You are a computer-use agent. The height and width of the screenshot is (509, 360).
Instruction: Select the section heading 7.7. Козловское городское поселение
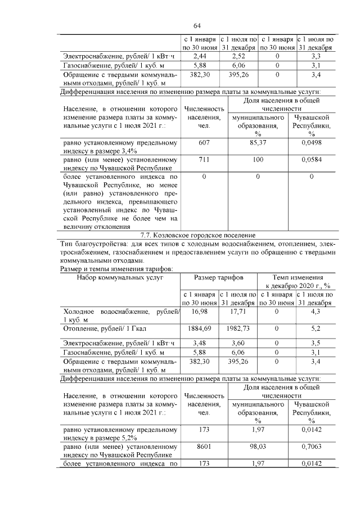[197, 234]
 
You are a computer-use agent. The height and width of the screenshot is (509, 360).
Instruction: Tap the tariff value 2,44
[200, 57]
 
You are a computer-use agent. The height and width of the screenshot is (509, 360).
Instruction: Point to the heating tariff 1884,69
[200, 328]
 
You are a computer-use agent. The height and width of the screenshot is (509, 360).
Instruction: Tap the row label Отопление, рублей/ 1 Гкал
[108, 328]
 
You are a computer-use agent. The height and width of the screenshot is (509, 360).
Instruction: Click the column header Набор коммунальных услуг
[120, 277]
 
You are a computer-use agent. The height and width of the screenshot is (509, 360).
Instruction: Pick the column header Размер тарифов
[219, 277]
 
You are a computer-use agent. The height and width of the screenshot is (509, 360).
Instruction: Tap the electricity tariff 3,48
[200, 342]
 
